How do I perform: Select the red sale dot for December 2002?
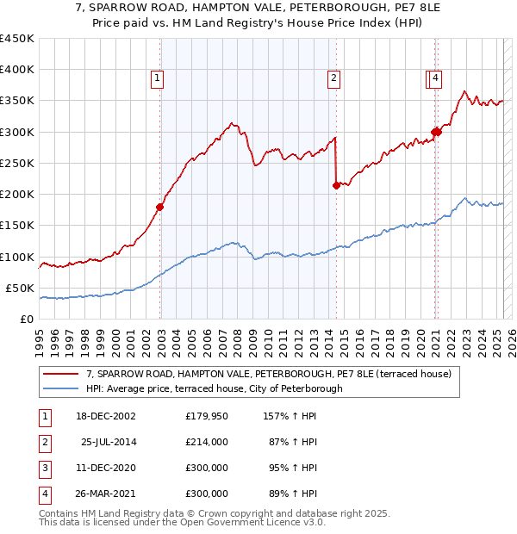[x=160, y=207]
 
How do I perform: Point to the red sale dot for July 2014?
[x=336, y=184]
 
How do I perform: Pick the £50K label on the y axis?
[x=21, y=288]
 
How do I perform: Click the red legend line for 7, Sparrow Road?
[x=61, y=374]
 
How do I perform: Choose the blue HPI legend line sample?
[x=61, y=388]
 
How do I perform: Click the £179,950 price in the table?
[x=207, y=417]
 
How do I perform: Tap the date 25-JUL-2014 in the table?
[x=109, y=442]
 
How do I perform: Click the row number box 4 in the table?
[x=44, y=494]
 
